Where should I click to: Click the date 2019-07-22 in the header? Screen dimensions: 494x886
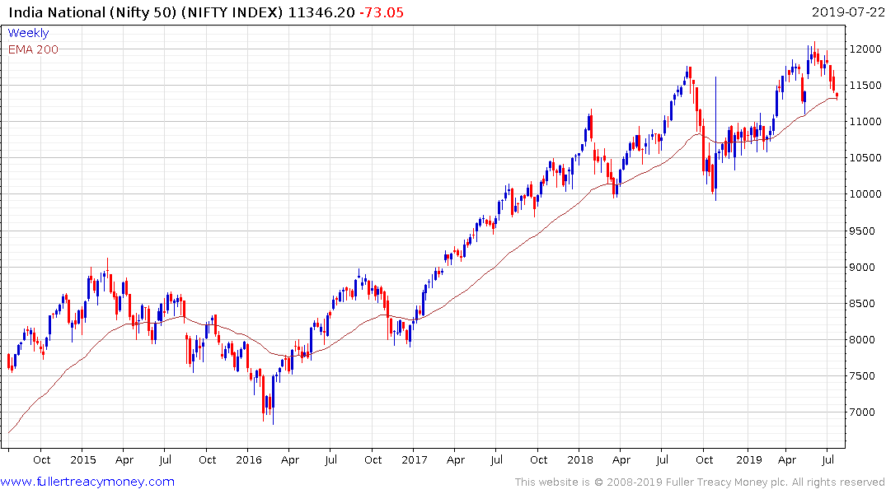pos(846,12)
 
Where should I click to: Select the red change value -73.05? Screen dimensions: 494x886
pos(380,12)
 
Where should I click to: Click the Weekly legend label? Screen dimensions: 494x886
pos(28,33)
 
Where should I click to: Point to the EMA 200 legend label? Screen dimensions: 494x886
pos(33,49)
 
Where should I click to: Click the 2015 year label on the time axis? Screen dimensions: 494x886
pos(83,459)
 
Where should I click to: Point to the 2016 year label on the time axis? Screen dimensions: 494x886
pos(249,459)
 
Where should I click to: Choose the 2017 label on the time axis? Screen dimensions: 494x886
pos(415,459)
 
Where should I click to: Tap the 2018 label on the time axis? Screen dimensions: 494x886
pos(580,459)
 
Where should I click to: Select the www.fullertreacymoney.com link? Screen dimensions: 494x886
pos(87,482)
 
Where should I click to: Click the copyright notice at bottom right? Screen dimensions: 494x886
pos(700,482)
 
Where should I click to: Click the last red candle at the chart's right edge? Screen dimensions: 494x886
pos(837,96)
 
